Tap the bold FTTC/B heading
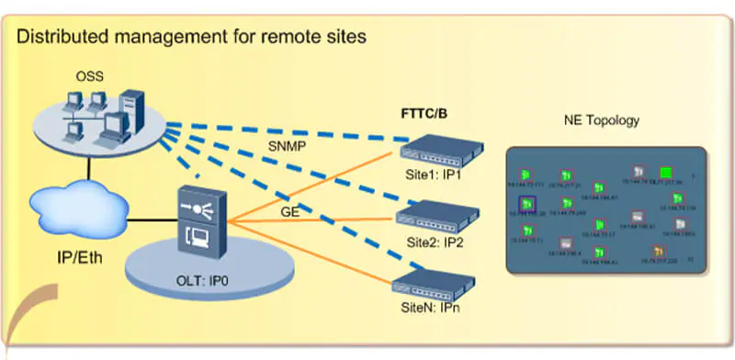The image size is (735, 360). click(424, 115)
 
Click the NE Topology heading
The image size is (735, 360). click(602, 120)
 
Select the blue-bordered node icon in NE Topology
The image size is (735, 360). click(527, 204)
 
